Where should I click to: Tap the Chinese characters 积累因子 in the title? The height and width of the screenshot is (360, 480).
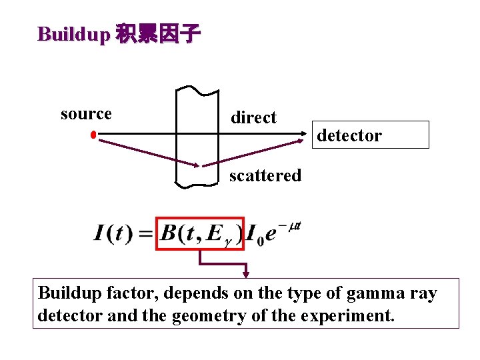[157, 34]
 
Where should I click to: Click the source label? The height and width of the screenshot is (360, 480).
[86, 114]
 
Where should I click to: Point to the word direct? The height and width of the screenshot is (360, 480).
[253, 118]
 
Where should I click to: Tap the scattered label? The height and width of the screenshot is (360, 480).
[265, 176]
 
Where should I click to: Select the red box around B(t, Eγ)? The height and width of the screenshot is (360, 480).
[200, 233]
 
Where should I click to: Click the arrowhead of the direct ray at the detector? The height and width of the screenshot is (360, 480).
[308, 135]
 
